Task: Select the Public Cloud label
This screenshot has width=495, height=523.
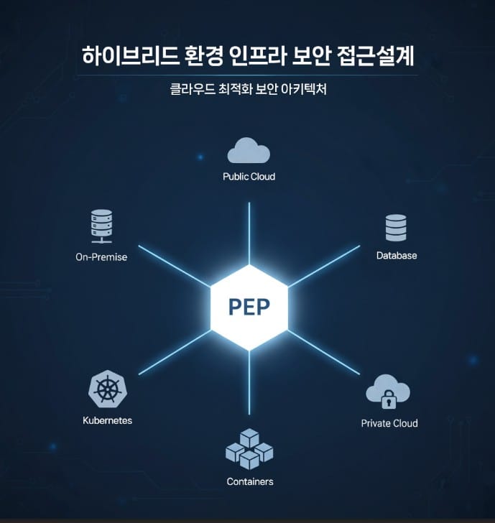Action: pyautogui.click(x=249, y=176)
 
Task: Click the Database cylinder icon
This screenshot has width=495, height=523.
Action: pyautogui.click(x=396, y=228)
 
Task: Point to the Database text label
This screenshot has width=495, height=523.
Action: pyautogui.click(x=396, y=255)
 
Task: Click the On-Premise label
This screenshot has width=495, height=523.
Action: pyautogui.click(x=101, y=256)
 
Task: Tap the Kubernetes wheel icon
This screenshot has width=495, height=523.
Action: pyautogui.click(x=107, y=391)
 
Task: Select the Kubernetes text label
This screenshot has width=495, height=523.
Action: pyautogui.click(x=107, y=420)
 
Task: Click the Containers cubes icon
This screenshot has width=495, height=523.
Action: pyautogui.click(x=249, y=449)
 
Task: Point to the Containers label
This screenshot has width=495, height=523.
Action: pyautogui.click(x=249, y=481)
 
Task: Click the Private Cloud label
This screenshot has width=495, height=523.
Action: pyautogui.click(x=389, y=423)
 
